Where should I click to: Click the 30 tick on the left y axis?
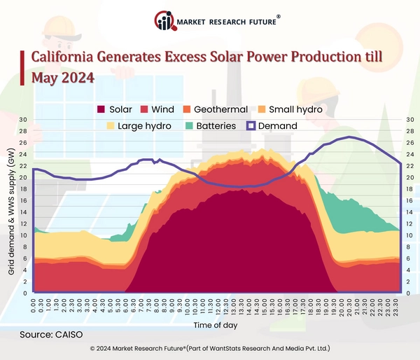23,120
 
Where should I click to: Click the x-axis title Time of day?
216,326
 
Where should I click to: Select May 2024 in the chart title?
64,77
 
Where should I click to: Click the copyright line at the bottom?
210,348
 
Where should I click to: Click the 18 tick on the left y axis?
23,189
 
